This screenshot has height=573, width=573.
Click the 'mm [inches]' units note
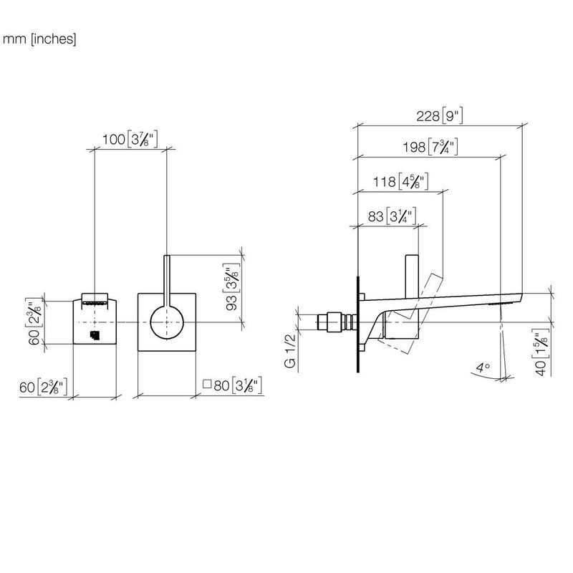pyautogui.click(x=39, y=39)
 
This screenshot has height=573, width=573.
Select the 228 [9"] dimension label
pyautogui.click(x=440, y=116)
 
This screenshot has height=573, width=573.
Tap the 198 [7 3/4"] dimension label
pyautogui.click(x=430, y=147)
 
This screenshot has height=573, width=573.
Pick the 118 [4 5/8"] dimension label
pyautogui.click(x=400, y=181)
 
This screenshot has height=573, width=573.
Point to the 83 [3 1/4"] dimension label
pyautogui.click(x=392, y=216)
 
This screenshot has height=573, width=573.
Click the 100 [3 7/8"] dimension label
pyautogui.click(x=130, y=139)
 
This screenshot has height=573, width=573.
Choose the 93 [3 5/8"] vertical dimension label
pyautogui.click(x=231, y=287)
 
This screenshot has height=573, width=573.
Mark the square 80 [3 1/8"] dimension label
pyautogui.click(x=232, y=385)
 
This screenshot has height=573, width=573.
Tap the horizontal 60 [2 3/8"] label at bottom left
pyautogui.click(x=44, y=387)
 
